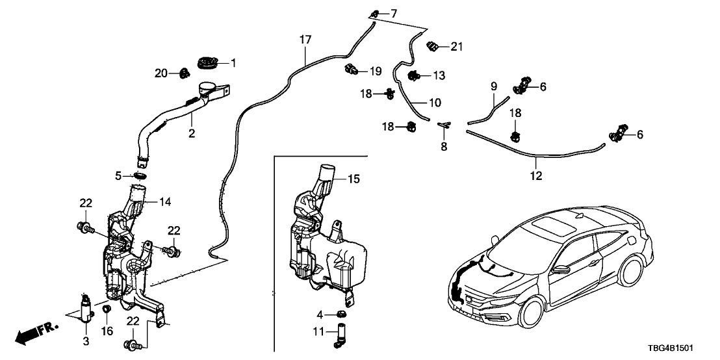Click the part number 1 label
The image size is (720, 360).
[234, 63]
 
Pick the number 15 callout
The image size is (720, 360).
[353, 178]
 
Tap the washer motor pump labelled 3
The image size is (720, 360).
[85, 307]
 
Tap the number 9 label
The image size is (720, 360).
[493, 86]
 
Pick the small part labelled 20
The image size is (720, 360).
[184, 72]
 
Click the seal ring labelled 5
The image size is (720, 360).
[139, 175]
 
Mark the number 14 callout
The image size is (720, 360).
[165, 202]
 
